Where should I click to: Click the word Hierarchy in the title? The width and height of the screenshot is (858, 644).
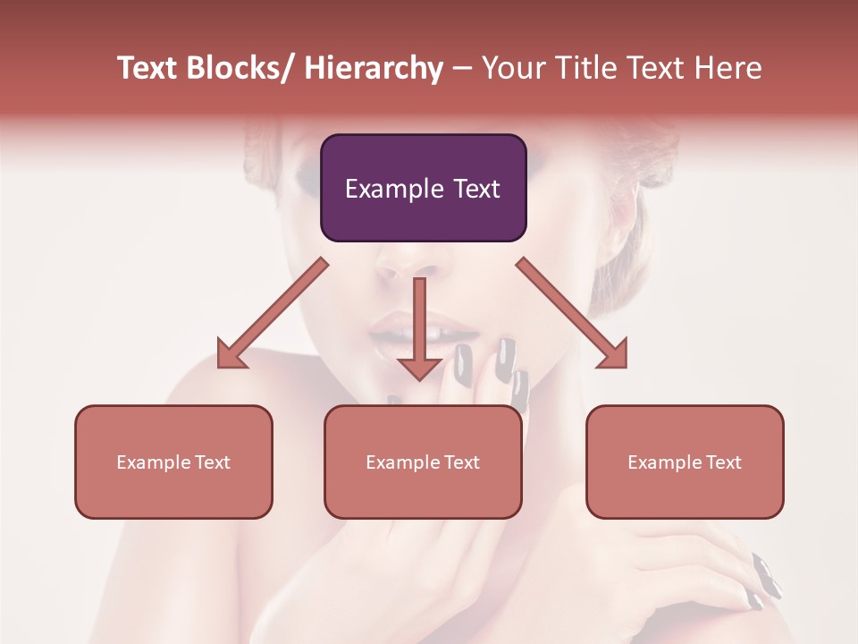(x=374, y=68)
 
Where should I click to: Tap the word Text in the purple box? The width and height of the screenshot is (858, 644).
(x=475, y=189)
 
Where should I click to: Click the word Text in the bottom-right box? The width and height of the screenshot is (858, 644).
(x=722, y=462)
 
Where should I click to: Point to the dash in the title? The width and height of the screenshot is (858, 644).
(x=462, y=68)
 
